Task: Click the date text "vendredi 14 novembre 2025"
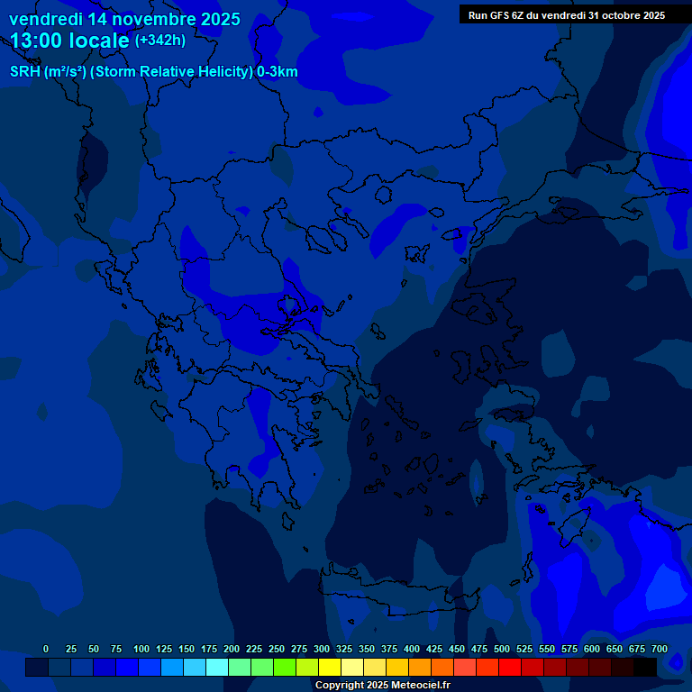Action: [x=124, y=19]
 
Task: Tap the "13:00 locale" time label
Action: [x=70, y=41]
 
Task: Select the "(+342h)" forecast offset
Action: [x=160, y=41]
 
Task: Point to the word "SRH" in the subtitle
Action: [x=24, y=72]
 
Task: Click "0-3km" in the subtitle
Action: [x=277, y=72]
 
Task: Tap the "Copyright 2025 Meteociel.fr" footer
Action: [x=382, y=686]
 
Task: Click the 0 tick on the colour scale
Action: [x=46, y=649]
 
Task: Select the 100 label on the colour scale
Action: [x=141, y=649]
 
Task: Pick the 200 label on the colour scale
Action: [x=232, y=649]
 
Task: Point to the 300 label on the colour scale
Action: [x=322, y=649]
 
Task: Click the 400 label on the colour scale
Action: [x=412, y=649]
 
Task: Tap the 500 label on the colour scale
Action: [x=502, y=649]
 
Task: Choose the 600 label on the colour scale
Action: [x=592, y=649]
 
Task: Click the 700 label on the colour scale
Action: [x=660, y=649]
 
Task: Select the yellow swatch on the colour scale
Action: [x=330, y=667]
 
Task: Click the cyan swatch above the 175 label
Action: [x=217, y=667]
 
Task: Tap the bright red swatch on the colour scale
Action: [x=510, y=667]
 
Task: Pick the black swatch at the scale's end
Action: [x=645, y=667]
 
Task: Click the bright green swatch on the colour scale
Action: [x=285, y=667]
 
